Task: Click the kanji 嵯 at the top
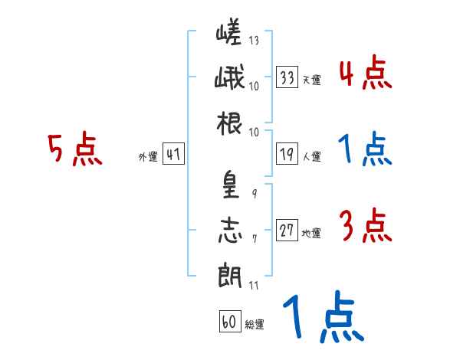(229, 34)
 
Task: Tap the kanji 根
(229, 123)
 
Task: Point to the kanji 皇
(229, 184)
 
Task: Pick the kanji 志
(229, 230)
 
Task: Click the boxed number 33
(287, 77)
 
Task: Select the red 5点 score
(74, 149)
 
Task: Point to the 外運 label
(147, 157)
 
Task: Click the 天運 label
(311, 80)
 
